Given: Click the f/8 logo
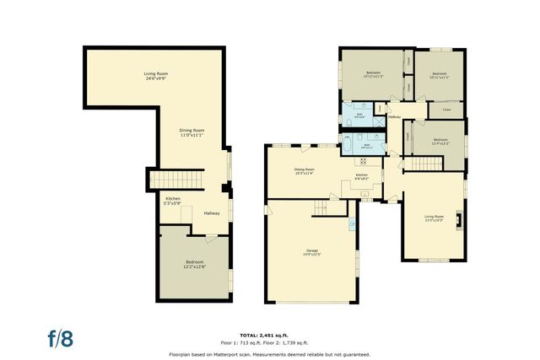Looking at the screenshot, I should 60,339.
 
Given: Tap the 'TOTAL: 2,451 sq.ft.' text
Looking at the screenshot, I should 270,335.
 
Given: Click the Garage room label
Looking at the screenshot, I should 312,252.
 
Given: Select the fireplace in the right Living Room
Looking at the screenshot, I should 458,220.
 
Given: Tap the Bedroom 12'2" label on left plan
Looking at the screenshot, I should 195,264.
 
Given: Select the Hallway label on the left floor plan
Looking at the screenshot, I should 212,212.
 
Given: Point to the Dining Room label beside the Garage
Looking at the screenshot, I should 304,171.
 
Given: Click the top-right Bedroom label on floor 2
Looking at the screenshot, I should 440,75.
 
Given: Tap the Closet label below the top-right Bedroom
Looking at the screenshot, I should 446,110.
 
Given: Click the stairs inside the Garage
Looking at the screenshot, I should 318,207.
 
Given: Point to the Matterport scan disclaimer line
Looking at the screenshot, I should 270,353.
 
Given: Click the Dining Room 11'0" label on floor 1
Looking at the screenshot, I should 192,132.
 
